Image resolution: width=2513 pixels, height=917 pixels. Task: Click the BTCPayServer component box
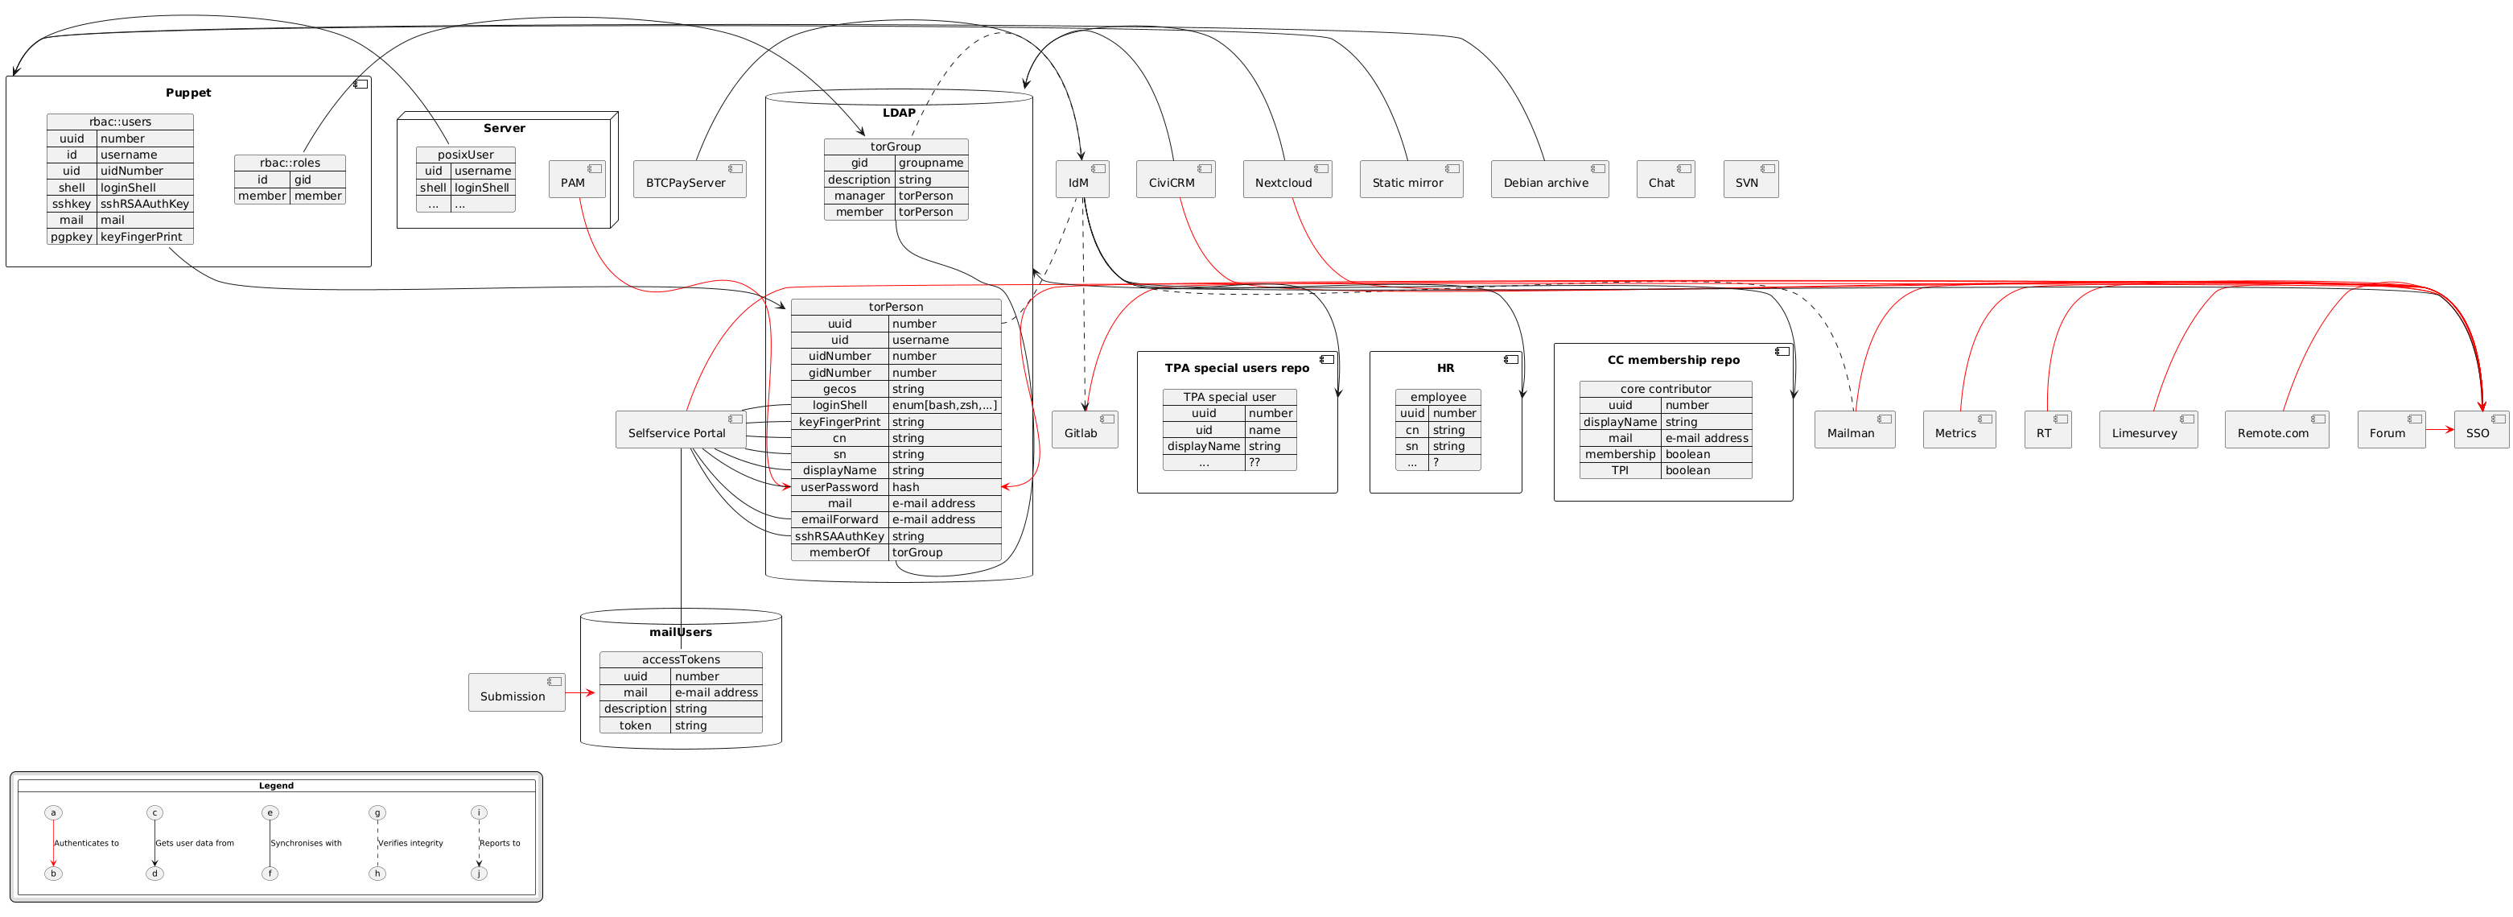(689, 180)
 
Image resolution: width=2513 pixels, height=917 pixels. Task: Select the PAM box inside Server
(576, 180)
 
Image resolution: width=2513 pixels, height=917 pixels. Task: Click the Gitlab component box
(1084, 430)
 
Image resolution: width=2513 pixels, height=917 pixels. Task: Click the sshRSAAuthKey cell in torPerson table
(839, 535)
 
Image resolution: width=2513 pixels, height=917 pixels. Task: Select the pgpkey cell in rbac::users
(72, 236)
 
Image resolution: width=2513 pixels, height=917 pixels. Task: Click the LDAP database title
(899, 112)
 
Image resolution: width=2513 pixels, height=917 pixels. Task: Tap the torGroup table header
(895, 147)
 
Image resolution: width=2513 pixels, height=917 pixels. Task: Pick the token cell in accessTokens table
(634, 725)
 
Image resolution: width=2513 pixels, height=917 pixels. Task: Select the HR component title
(1444, 368)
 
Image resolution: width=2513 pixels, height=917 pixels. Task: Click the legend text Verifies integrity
(410, 843)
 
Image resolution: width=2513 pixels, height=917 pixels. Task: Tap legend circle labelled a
(54, 812)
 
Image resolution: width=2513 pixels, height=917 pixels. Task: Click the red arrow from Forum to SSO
(2439, 429)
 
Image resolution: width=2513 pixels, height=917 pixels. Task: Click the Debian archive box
(1548, 180)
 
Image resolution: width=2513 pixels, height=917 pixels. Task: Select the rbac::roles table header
(290, 163)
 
